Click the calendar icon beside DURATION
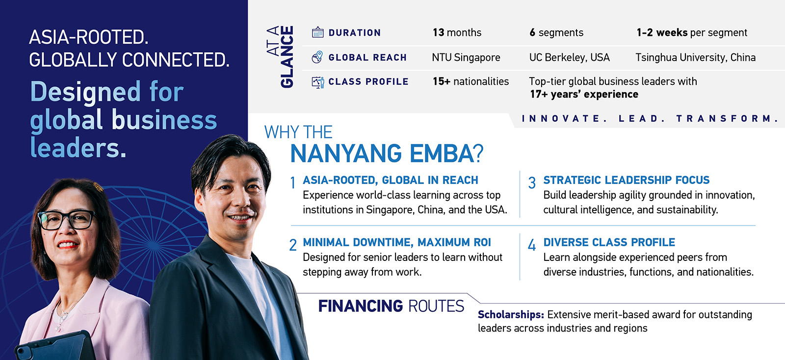click(x=317, y=32)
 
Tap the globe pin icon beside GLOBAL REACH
click(x=317, y=57)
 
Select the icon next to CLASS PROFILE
click(x=318, y=82)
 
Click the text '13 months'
click(x=457, y=32)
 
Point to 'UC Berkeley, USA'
click(x=569, y=57)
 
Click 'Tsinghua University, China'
click(x=695, y=57)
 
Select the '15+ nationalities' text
click(x=471, y=81)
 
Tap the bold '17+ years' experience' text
click(x=584, y=94)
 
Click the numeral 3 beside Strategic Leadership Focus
click(x=532, y=183)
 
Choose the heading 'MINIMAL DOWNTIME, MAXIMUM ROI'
click(x=396, y=242)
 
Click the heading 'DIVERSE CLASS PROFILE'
click(x=609, y=242)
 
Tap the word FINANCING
click(x=360, y=306)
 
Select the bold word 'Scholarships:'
click(x=511, y=314)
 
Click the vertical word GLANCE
click(x=287, y=57)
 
